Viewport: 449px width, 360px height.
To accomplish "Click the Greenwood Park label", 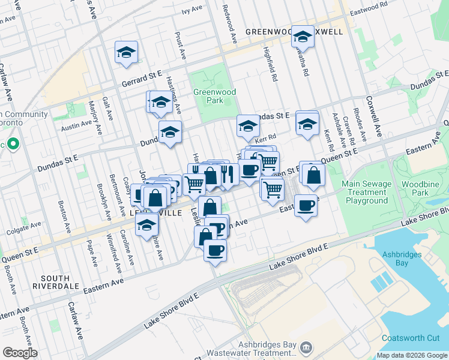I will point(214,97).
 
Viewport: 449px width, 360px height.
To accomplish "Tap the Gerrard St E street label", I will point(142,76).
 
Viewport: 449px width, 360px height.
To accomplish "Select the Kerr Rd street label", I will point(264,137).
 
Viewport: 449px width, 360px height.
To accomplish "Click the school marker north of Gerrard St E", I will point(127,53).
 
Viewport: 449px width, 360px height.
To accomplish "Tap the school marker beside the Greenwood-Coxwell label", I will point(303,37).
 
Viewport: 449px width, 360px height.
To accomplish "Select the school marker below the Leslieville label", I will point(145,226).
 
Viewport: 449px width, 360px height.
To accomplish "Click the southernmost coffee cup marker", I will point(215,250).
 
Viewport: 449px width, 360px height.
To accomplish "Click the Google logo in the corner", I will point(20,353).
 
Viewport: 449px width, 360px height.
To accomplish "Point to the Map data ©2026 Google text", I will point(411,355).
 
